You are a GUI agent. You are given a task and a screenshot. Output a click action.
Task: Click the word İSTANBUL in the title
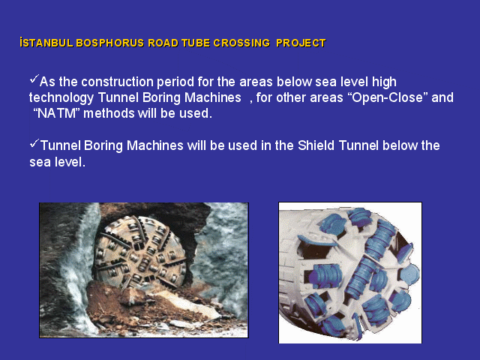[46, 43]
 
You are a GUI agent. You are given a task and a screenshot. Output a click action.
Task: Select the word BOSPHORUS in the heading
[110, 43]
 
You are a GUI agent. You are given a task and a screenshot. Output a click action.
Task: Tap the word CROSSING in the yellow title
[241, 43]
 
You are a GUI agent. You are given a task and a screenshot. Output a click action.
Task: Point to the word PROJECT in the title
[301, 43]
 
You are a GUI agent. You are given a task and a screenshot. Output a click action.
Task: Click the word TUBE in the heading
[196, 43]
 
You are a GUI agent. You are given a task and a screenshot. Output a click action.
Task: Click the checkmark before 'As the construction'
[34, 79]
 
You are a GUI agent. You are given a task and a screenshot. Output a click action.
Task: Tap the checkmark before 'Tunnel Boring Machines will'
[34, 143]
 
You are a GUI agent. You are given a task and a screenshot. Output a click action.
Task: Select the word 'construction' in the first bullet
[118, 82]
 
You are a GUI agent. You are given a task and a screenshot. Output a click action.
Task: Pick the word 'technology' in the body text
[61, 98]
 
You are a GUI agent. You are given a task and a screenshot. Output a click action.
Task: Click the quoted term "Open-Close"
[388, 97]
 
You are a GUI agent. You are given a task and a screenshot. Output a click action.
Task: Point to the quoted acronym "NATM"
[56, 113]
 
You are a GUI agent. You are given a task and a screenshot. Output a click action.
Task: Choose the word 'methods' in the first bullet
[109, 113]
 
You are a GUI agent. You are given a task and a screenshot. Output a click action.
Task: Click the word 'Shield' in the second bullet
[316, 145]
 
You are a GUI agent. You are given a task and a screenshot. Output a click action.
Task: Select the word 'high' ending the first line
[384, 82]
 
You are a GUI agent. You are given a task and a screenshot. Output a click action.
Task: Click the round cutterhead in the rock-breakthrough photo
[140, 253]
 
